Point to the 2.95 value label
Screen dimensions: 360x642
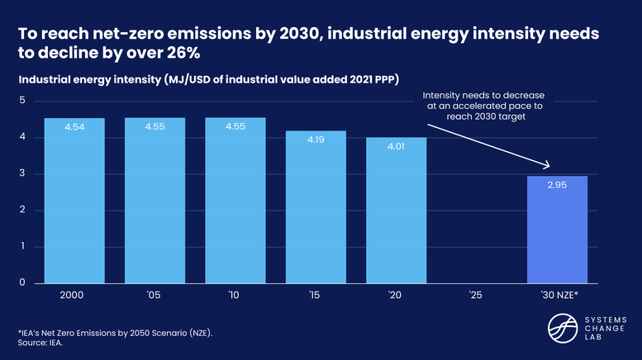point(557,187)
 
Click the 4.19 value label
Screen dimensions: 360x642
point(316,141)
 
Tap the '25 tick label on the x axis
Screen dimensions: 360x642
point(476,295)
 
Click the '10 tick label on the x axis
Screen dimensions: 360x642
point(235,295)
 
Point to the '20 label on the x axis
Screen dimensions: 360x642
point(397,295)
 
